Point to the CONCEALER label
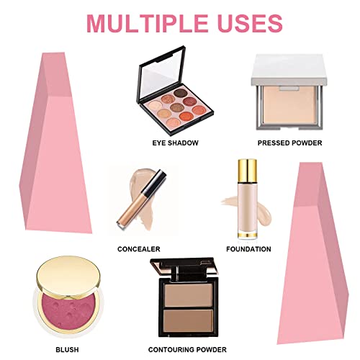point(138,249)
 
